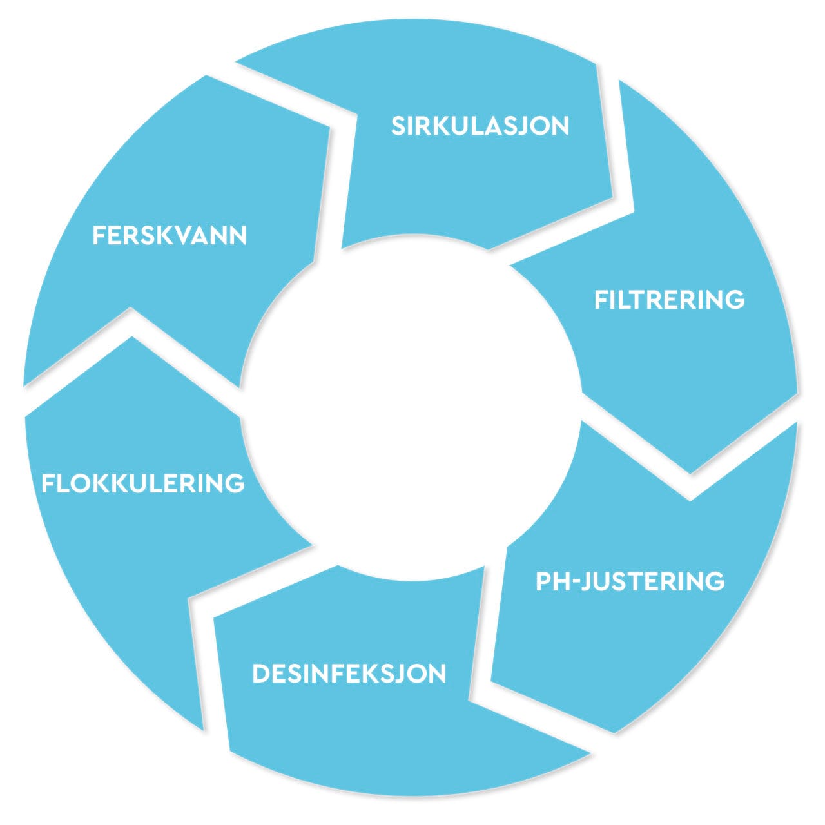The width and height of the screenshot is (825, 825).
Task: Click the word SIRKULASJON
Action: pyautogui.click(x=480, y=126)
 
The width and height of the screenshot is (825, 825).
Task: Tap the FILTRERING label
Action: pyautogui.click(x=669, y=300)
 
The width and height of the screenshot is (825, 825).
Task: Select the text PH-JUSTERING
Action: pyautogui.click(x=630, y=581)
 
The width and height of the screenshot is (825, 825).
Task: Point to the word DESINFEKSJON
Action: pyautogui.click(x=349, y=674)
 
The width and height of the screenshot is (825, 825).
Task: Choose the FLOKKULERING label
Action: pyautogui.click(x=143, y=483)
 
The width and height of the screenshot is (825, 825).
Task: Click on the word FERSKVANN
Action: pyautogui.click(x=170, y=236)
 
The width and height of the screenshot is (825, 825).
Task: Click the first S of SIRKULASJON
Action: pyautogui.click(x=398, y=126)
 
